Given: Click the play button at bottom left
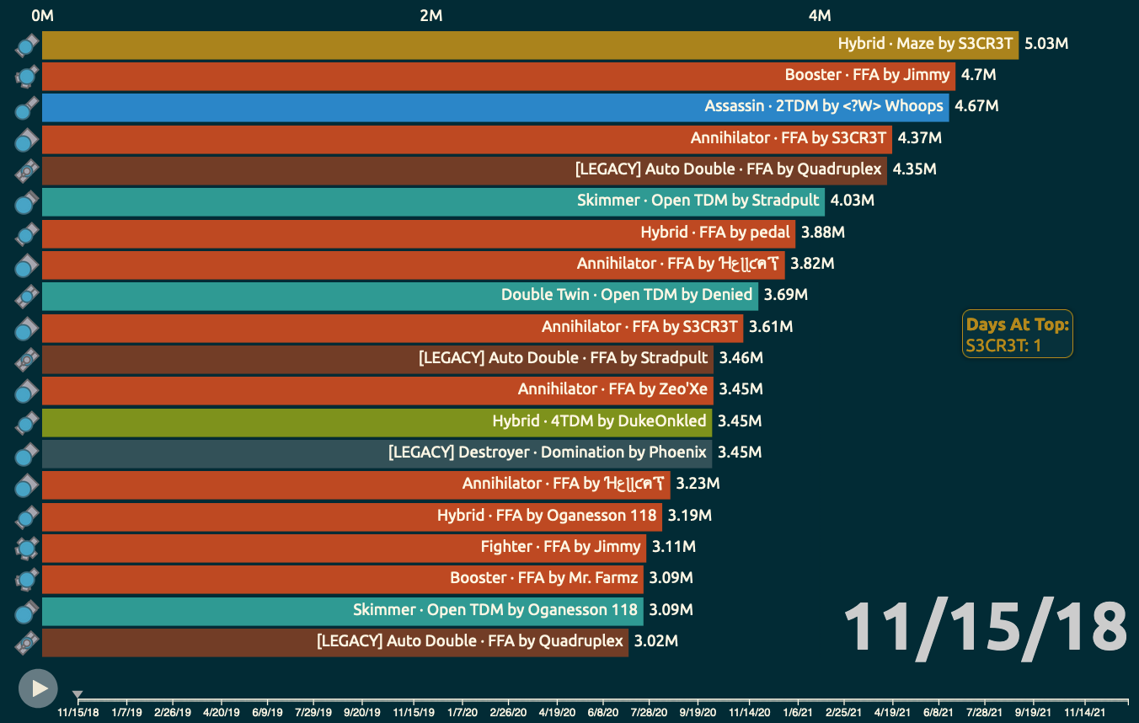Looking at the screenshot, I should pos(38,688).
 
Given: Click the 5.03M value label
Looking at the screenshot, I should pos(1045,44).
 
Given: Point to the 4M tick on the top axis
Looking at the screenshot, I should pos(820,16).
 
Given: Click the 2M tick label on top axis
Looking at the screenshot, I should pos(430,16).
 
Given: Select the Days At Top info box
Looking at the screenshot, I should pos(1017,335).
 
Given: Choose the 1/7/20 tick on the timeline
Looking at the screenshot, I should pos(462,711).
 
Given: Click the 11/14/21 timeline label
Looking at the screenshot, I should pos(1085,711).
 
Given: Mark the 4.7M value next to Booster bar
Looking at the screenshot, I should pos(978,75).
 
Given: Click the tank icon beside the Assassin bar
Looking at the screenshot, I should pos(27,107).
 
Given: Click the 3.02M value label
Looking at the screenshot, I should pos(655,641).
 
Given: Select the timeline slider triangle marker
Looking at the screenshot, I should pos(78,695).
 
